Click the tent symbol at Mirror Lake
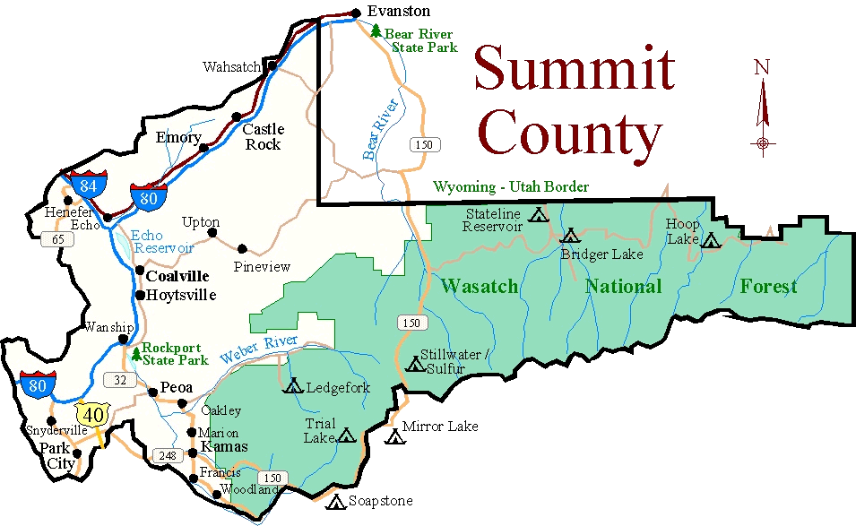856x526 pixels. tap(393, 437)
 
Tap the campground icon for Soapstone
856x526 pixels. tap(336, 503)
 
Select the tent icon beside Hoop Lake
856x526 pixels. tap(711, 240)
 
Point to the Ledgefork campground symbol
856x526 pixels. tap(293, 387)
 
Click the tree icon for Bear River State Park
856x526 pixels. tap(376, 30)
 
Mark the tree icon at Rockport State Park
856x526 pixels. tap(135, 355)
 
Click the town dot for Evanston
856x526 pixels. tap(356, 13)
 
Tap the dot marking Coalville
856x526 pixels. tap(140, 270)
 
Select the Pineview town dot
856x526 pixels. tap(242, 248)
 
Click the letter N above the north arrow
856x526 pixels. tap(762, 67)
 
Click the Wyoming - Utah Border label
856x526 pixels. tap(511, 187)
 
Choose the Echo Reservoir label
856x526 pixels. tap(162, 241)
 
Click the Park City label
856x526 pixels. tap(56, 454)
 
